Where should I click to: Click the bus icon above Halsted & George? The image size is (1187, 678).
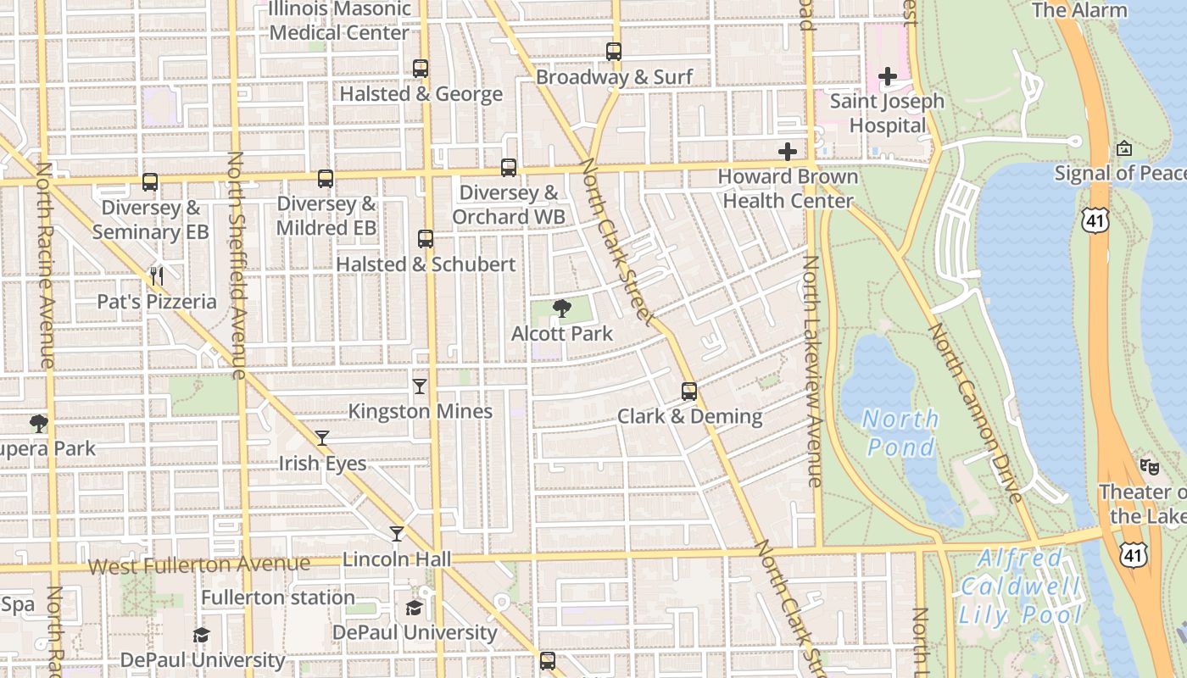[x=421, y=69]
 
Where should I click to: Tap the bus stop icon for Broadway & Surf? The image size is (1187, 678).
[x=614, y=52]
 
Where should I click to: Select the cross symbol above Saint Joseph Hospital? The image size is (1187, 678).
[x=888, y=77]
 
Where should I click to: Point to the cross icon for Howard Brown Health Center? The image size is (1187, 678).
[x=788, y=152]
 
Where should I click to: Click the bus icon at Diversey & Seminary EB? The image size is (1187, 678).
[x=150, y=182]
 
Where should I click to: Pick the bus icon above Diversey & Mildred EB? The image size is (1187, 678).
[x=326, y=179]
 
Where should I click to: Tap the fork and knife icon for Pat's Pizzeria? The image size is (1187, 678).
[x=156, y=275]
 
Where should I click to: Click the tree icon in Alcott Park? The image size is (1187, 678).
[x=561, y=308]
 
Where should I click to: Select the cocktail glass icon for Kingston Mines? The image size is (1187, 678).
[x=420, y=386]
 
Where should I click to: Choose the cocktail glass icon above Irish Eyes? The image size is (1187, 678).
[x=322, y=438]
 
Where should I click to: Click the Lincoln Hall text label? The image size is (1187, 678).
[x=397, y=559]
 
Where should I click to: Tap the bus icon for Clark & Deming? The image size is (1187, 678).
[x=689, y=392]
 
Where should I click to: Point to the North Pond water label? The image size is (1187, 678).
[x=901, y=432]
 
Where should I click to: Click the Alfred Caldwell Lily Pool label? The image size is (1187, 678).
[x=1020, y=586]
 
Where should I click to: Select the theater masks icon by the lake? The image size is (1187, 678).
[x=1150, y=466]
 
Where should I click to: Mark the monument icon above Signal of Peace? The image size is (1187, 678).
[x=1124, y=148]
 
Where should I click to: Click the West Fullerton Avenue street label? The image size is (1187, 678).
[x=199, y=564]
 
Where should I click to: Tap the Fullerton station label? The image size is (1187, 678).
[x=278, y=597]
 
